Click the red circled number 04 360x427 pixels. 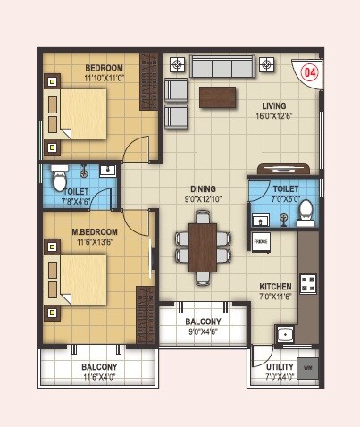coord(310,71)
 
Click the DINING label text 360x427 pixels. coord(203,188)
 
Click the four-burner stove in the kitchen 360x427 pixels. coord(308,284)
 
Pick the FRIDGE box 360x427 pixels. coord(261,240)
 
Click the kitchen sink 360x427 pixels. coord(285,335)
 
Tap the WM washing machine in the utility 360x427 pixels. coord(308,367)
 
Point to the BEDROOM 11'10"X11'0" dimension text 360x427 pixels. coord(104,79)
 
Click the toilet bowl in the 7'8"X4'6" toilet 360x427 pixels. coord(60,181)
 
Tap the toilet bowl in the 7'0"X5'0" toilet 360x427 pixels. coord(306,210)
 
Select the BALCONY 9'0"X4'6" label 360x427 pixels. coord(203,321)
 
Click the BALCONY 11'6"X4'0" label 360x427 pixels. coord(99,367)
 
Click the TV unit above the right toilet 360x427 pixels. coord(284,169)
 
